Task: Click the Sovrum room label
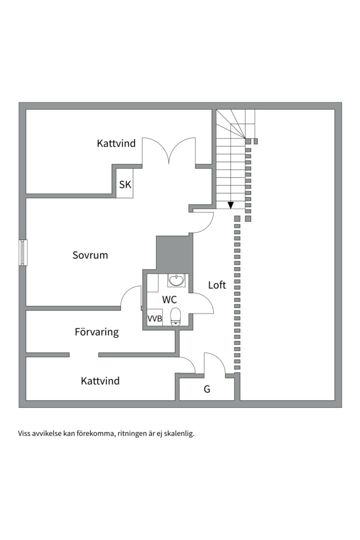point(90,255)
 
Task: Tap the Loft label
point(217,285)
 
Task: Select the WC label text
point(169,299)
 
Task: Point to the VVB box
point(154,318)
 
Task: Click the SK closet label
point(125,184)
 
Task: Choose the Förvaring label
point(97,332)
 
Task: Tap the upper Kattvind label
point(116,143)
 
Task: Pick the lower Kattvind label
point(100,381)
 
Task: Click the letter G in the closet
point(206,389)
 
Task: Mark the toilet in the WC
point(175,316)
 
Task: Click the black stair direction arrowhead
point(231,205)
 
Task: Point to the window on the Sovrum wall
point(23,253)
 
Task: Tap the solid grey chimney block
point(173,253)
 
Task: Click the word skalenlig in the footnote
point(179,433)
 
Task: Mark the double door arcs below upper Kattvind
point(169,151)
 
